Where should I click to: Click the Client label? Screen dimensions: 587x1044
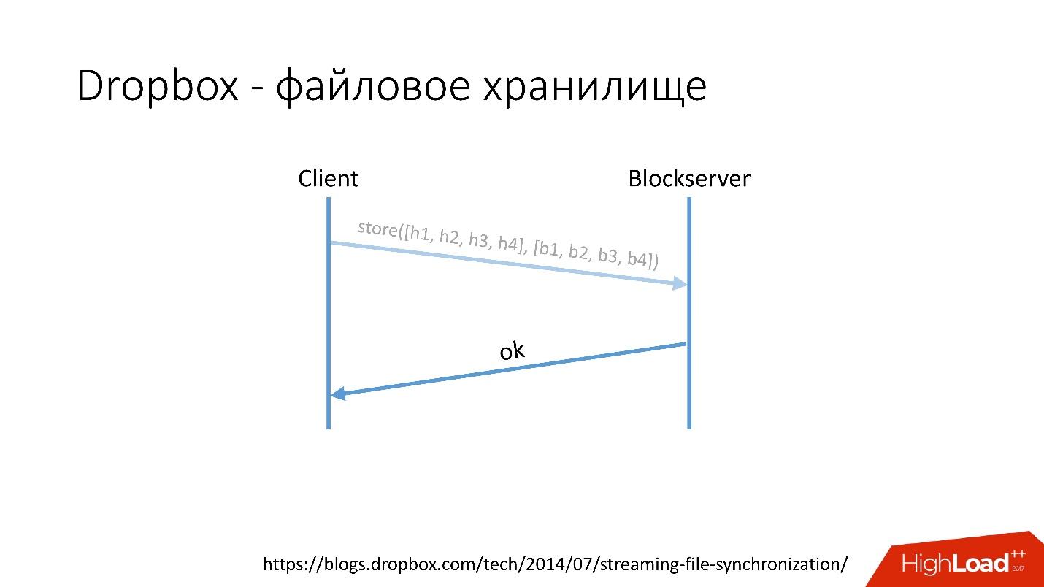328,179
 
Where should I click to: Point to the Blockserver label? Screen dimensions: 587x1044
688,179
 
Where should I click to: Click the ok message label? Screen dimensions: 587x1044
512,351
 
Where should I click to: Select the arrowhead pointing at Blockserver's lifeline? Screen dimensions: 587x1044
681,283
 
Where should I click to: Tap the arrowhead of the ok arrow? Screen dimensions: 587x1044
337,394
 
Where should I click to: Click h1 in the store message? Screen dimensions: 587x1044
420,234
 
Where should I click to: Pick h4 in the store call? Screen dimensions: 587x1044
509,243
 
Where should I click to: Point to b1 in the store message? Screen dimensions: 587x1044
549,248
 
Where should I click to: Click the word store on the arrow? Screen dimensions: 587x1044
377,229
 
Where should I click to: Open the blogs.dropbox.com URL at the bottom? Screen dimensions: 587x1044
555,564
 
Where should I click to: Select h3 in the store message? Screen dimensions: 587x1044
479,240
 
